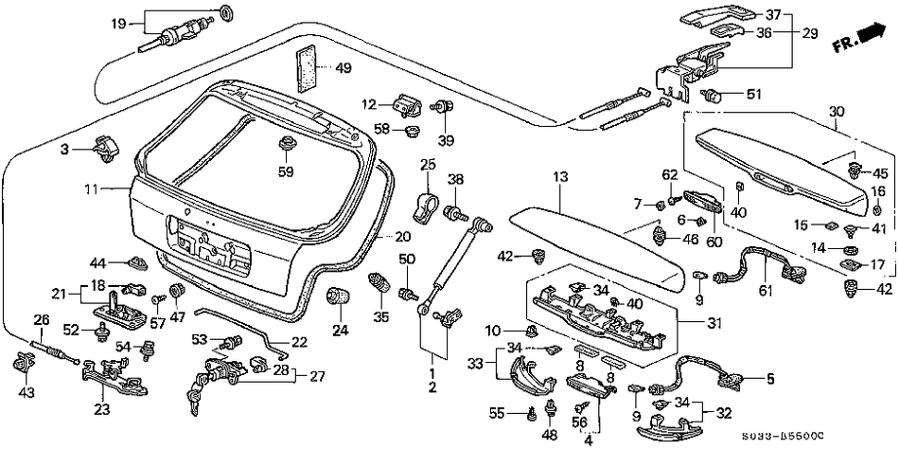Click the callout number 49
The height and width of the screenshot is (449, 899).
tap(343, 67)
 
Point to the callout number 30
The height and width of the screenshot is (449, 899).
tap(835, 112)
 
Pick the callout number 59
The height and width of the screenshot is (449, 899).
tap(285, 172)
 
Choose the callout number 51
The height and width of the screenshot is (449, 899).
tap(753, 94)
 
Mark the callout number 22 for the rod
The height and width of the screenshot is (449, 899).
tap(299, 342)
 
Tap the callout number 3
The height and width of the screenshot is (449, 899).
tap(65, 149)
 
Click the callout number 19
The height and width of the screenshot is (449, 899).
tap(118, 22)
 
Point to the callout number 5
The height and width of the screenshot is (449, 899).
tap(769, 381)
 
